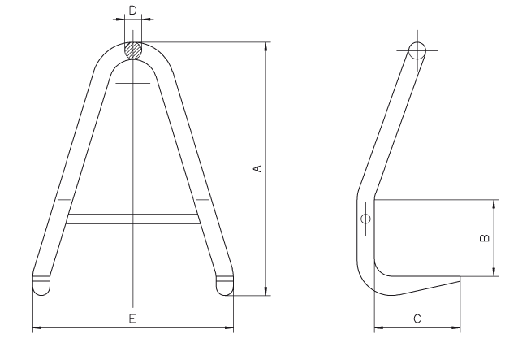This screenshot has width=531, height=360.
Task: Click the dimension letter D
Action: click(x=133, y=11)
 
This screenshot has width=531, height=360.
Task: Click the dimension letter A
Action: click(x=258, y=168)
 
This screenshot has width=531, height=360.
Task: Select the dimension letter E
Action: click(x=133, y=319)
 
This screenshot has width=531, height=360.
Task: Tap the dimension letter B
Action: click(x=485, y=238)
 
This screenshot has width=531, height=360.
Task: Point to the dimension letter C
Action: click(x=417, y=319)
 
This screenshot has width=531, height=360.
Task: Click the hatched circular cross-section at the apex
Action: click(x=133, y=50)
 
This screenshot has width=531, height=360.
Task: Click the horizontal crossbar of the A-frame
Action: click(x=133, y=219)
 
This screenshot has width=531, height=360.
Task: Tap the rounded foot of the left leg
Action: click(x=41, y=285)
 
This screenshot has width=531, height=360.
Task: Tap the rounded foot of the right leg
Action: click(x=225, y=285)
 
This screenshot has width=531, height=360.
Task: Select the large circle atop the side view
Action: click(x=417, y=50)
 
